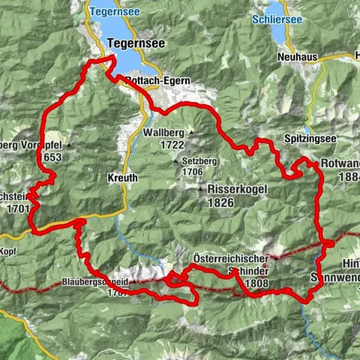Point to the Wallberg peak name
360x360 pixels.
coord(162,133)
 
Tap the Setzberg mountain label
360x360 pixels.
coord(204,161)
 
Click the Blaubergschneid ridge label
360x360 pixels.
coord(97,284)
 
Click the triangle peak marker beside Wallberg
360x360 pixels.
coord(190,133)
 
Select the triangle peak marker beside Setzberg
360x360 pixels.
coord(176,161)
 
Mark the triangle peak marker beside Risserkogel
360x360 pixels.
coord(200,189)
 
